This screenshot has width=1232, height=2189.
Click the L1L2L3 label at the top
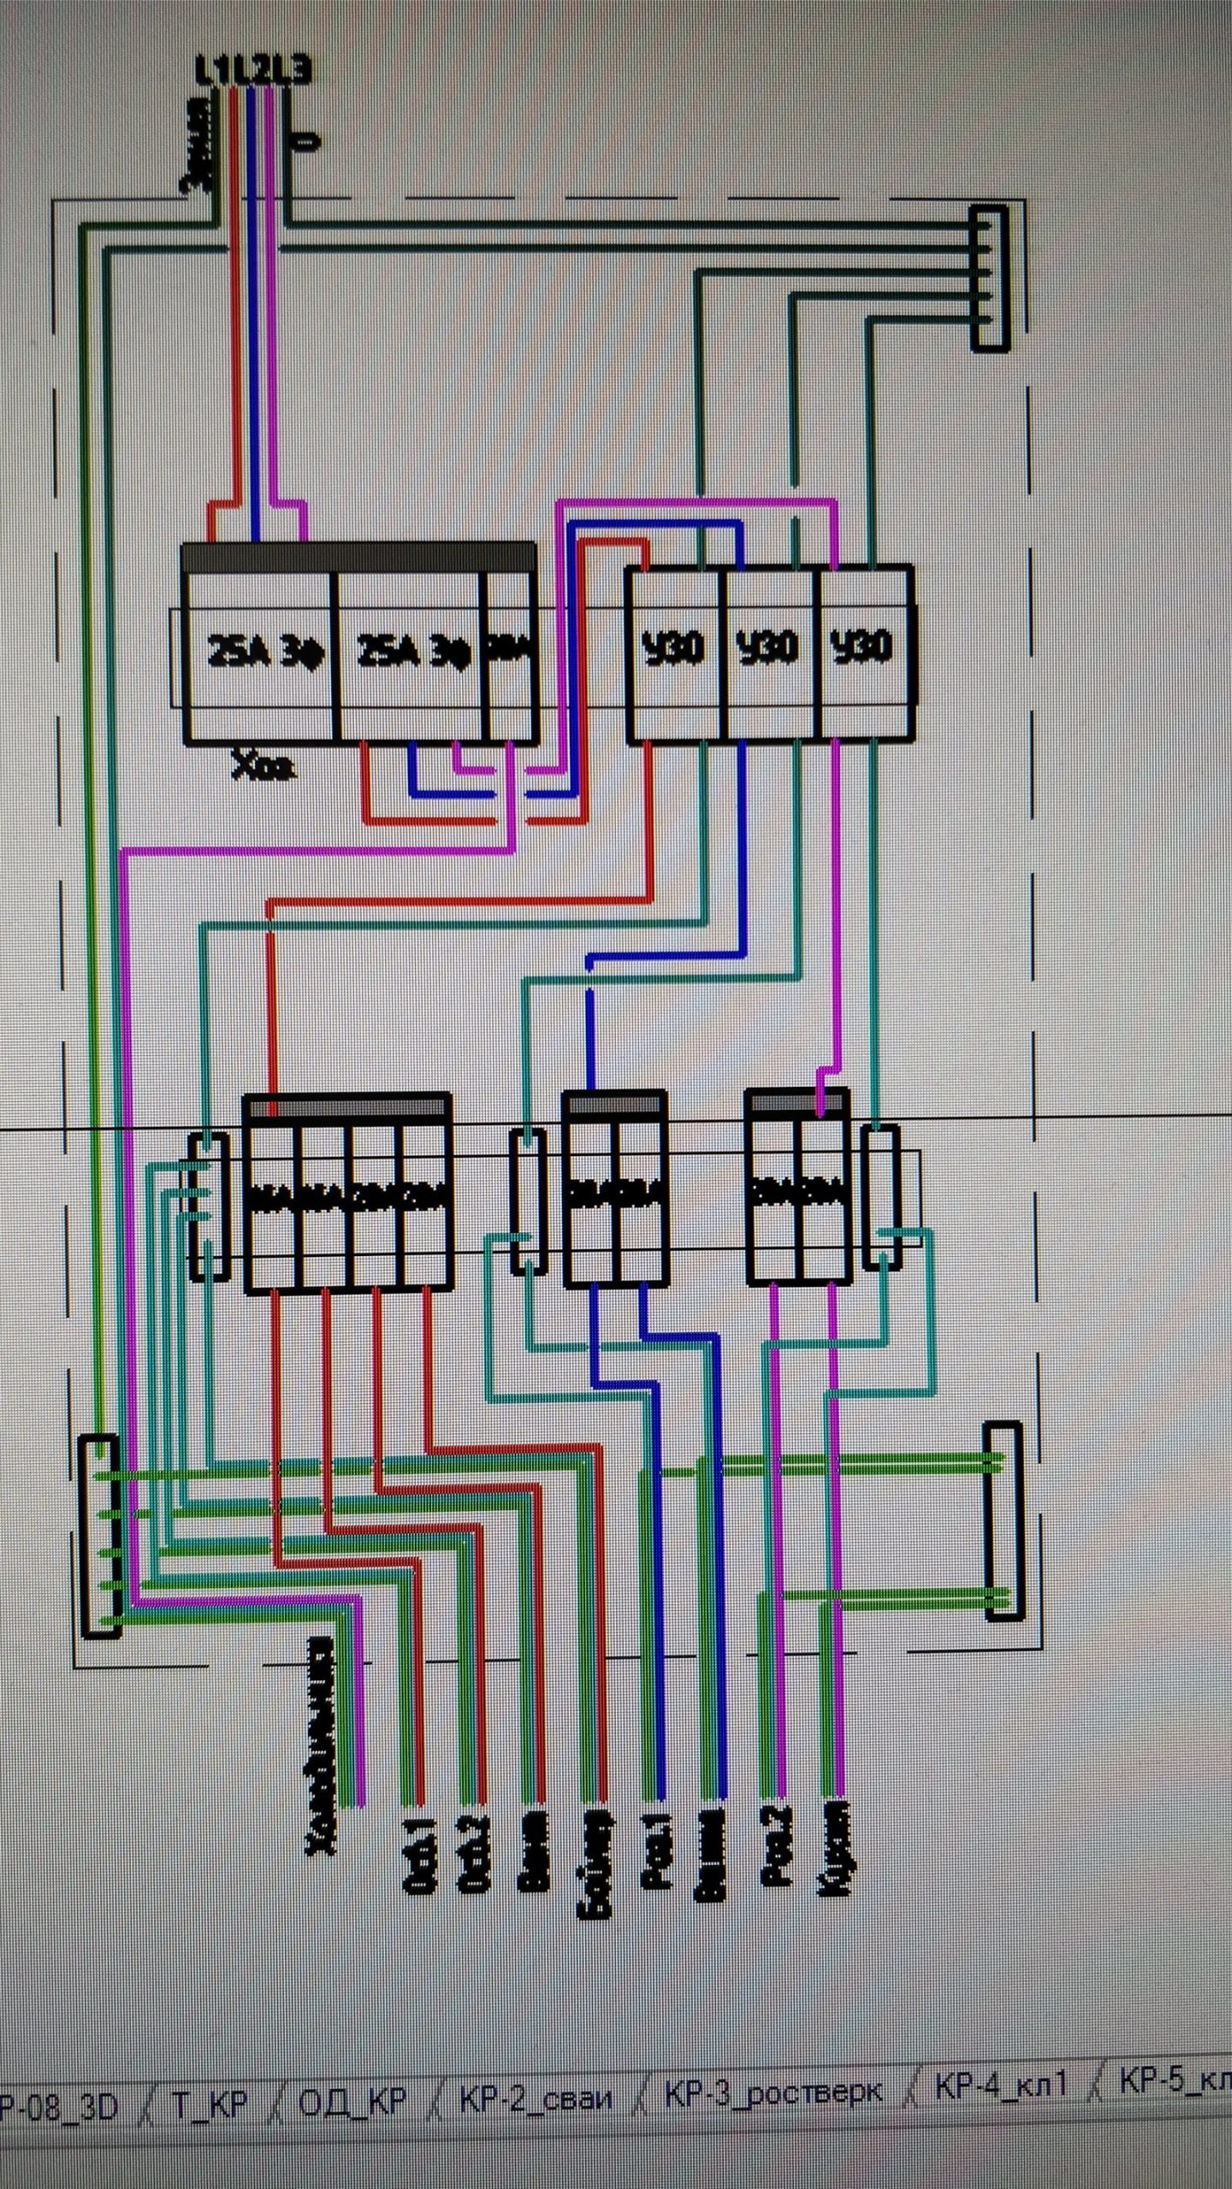(253, 74)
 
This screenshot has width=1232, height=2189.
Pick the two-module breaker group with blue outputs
(614, 1190)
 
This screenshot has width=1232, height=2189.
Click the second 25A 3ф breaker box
(409, 652)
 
